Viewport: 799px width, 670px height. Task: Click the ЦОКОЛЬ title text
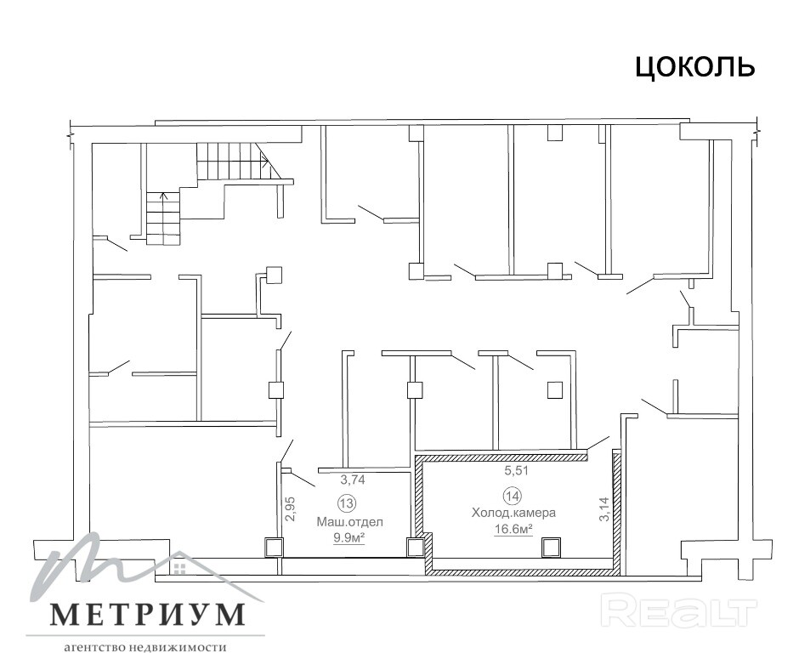coord(694,67)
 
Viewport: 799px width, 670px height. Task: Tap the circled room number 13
coord(347,503)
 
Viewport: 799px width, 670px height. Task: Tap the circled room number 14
coord(512,495)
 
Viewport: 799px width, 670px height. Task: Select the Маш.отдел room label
coord(349,522)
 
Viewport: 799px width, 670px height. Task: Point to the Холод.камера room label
coord(513,513)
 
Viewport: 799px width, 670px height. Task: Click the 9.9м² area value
coord(349,538)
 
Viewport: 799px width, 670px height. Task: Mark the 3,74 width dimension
coord(353,480)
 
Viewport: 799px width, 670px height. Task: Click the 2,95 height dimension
coord(291,508)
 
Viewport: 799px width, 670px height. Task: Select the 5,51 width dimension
coord(517,471)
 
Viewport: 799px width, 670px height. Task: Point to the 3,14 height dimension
coord(604,509)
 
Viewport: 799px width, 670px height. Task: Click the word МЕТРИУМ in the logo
coord(148,615)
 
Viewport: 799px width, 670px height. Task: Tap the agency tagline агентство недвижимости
coord(145,648)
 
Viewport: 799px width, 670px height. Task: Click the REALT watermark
coord(679,610)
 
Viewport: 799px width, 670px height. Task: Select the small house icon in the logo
coord(178,569)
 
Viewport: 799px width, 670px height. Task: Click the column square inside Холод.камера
coord(552,547)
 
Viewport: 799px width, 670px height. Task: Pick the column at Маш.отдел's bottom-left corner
coord(273,547)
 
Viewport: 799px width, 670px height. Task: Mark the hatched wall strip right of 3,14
coord(616,510)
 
